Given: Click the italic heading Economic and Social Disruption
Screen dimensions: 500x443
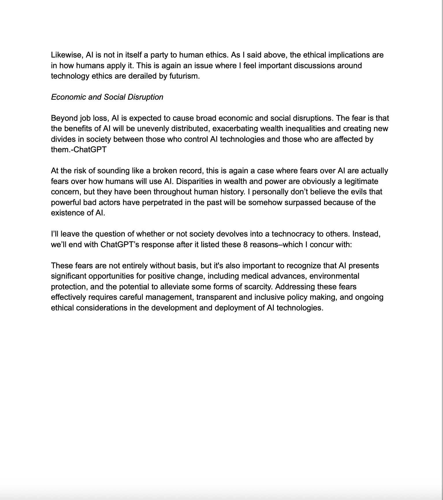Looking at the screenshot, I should (107, 97).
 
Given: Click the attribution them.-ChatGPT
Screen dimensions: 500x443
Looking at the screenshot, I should (79, 150).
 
